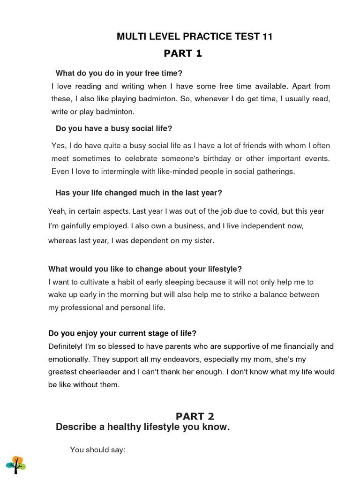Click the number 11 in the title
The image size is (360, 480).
(267, 37)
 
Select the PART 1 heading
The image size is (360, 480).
(183, 53)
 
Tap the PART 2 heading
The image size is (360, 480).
(195, 416)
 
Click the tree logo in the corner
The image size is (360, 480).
(16, 464)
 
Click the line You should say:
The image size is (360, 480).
(98, 450)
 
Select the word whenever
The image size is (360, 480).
(211, 99)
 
